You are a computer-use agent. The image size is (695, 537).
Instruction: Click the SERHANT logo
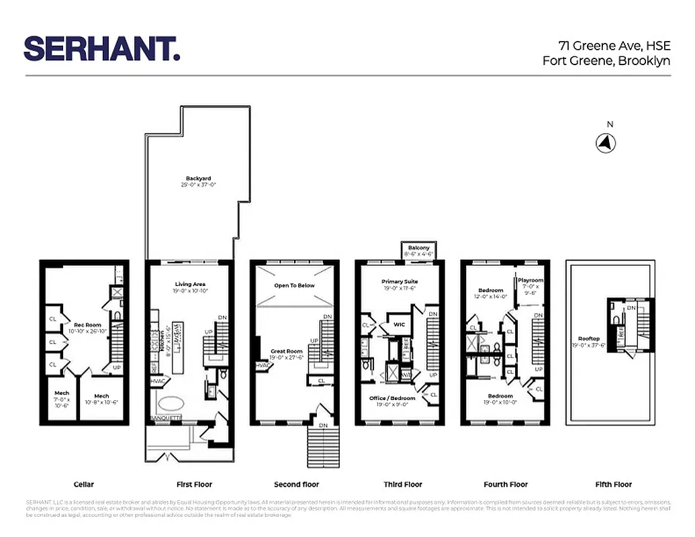pyautogui.click(x=102, y=49)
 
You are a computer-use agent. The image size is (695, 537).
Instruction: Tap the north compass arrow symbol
pyautogui.click(x=606, y=142)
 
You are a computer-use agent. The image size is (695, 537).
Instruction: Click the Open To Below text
pyautogui.click(x=294, y=285)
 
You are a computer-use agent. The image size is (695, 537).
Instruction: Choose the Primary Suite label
pyautogui.click(x=400, y=283)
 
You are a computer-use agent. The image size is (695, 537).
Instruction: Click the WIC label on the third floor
pyautogui.click(x=400, y=325)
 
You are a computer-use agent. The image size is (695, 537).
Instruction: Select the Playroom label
pyautogui.click(x=530, y=281)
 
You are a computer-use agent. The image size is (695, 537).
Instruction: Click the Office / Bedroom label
pyautogui.click(x=392, y=398)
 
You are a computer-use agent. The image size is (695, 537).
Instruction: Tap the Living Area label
pyautogui.click(x=190, y=285)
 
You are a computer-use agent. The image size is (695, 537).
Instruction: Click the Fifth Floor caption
pyautogui.click(x=613, y=484)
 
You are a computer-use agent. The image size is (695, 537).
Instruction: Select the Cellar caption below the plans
pyautogui.click(x=83, y=484)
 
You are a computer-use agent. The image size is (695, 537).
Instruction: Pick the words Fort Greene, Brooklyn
pyautogui.click(x=606, y=60)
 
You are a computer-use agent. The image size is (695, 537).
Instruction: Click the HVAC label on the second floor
pyautogui.click(x=262, y=365)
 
